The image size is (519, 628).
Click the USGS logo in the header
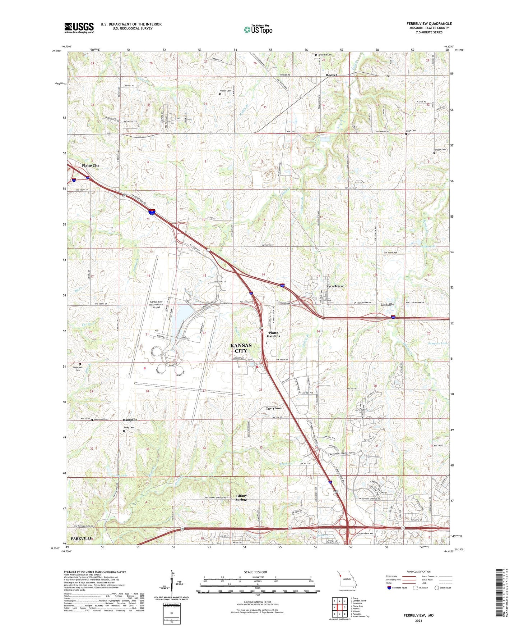tap(79, 28)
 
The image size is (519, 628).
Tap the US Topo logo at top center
tap(258, 29)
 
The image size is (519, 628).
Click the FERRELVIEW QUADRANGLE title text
tap(429, 24)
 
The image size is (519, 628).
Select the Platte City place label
tap(91, 166)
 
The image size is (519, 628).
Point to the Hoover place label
tap(331, 75)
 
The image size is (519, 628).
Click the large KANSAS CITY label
tap(241, 348)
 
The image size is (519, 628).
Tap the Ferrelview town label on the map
tap(334, 286)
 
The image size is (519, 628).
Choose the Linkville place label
tap(387, 305)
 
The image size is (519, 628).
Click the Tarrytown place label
tap(274, 409)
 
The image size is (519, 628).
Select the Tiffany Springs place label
tap(241, 498)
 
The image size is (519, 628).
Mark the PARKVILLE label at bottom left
tap(82, 538)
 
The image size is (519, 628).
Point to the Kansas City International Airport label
tap(156, 304)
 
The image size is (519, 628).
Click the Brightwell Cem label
tap(78, 369)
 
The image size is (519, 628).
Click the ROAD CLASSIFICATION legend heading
tap(419, 572)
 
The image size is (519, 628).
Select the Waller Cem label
tap(226, 91)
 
